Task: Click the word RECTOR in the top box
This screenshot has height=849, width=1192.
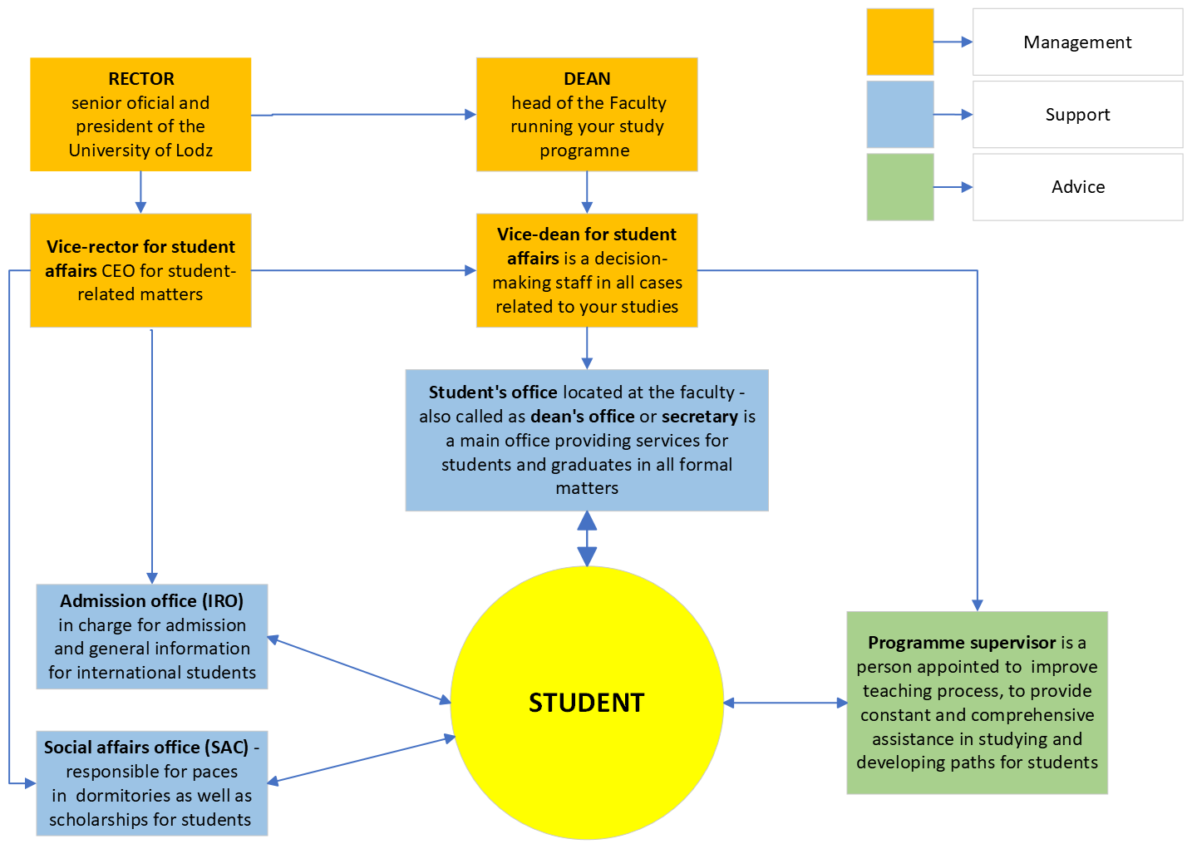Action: coord(141,79)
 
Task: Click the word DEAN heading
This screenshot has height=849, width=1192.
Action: coord(587,79)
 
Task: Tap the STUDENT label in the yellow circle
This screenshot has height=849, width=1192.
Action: coord(586,703)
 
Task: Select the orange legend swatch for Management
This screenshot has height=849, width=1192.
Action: coord(899,42)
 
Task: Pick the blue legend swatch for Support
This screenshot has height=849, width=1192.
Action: coord(899,114)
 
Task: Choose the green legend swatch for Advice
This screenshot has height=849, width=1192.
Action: coord(899,186)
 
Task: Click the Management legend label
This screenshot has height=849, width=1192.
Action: coord(1077,42)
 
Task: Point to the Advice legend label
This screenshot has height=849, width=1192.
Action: coord(1077,187)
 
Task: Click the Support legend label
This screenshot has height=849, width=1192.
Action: coord(1077,115)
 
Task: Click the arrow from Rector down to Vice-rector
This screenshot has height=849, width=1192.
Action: coord(140,192)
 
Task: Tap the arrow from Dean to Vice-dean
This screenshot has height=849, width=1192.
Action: coord(587,192)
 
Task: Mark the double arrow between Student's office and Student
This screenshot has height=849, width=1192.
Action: coord(587,539)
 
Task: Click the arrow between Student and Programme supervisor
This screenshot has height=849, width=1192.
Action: coord(785,703)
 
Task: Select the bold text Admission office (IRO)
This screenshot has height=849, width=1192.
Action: coord(151,601)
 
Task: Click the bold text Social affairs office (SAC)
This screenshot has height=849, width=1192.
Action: coord(146,748)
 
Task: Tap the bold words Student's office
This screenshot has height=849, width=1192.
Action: coord(493,392)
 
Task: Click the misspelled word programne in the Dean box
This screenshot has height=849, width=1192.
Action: coord(584,151)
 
